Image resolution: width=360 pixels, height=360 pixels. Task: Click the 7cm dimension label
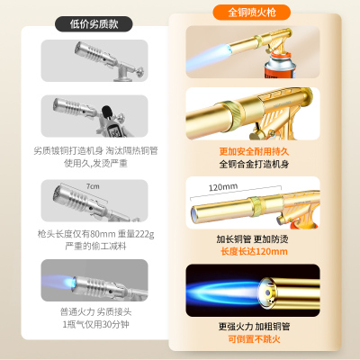[x=92, y=185]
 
